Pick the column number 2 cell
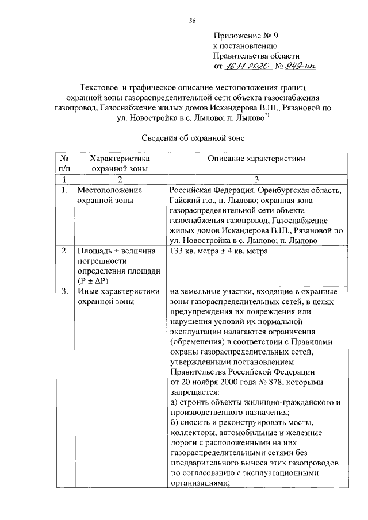pyautogui.click(x=120, y=179)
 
